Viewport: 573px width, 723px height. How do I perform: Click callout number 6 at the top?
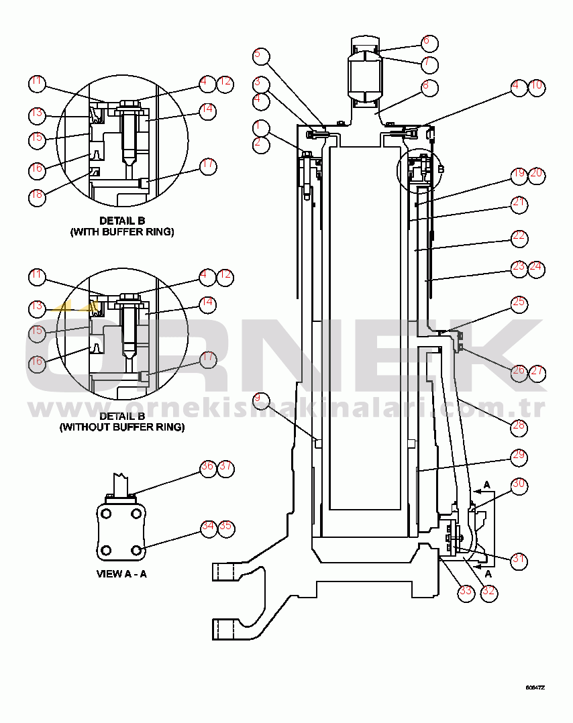[429, 42]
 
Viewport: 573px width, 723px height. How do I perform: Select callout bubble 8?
[429, 87]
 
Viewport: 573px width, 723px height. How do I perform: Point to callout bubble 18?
[37, 197]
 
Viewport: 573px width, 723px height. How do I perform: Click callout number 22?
[519, 237]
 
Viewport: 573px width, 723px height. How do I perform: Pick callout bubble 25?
[519, 302]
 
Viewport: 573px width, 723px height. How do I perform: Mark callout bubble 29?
[519, 455]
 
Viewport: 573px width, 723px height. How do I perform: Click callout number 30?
[519, 484]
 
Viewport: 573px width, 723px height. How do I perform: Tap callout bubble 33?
[465, 592]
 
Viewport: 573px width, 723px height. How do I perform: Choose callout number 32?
[488, 592]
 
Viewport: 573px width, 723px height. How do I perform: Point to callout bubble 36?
[208, 467]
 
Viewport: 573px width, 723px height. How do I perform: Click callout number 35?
[225, 527]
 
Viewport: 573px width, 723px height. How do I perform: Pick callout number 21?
[519, 204]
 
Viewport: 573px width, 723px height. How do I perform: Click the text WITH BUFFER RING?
[122, 232]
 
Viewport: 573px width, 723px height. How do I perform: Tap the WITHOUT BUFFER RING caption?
[122, 427]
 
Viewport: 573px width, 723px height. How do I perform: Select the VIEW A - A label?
[122, 574]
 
